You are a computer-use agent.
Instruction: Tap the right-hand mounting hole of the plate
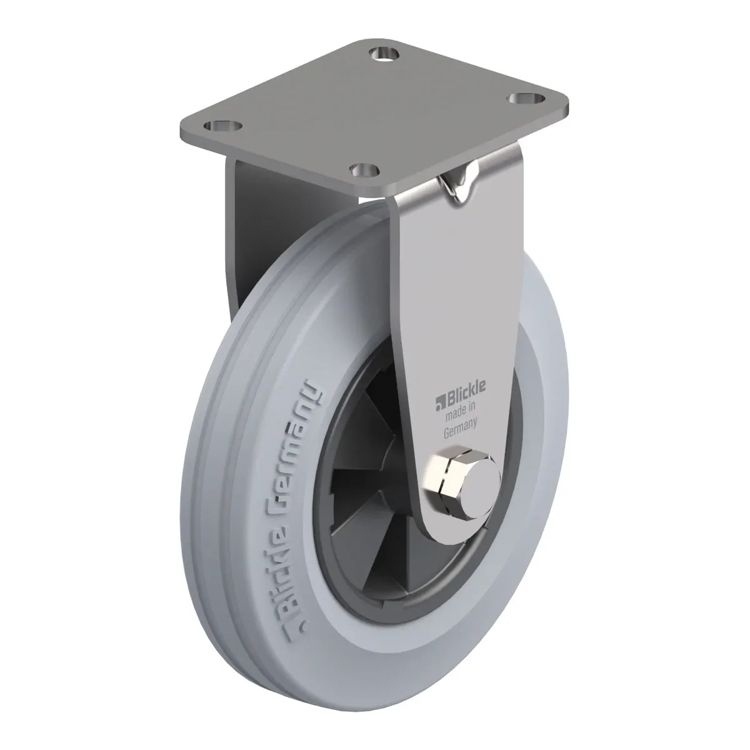point(526,97)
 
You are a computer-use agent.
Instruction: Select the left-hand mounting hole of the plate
point(223,126)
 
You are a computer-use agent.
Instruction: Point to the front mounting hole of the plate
point(364,169)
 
